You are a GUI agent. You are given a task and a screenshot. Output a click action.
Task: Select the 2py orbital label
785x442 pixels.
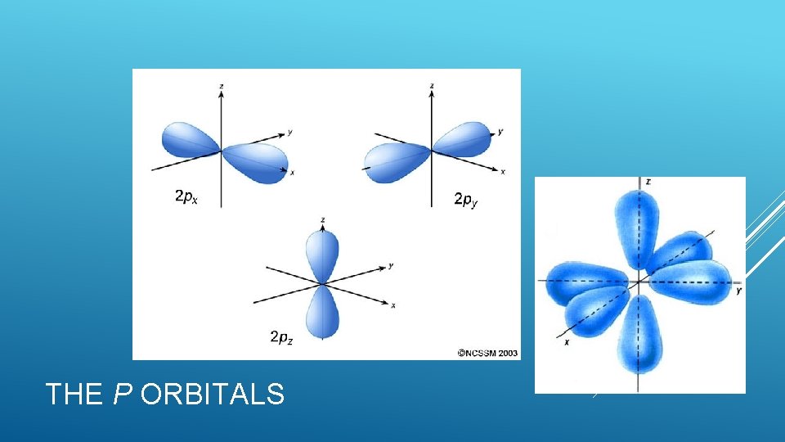[x=465, y=200]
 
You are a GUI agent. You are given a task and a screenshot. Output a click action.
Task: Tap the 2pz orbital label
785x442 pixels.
[x=280, y=336]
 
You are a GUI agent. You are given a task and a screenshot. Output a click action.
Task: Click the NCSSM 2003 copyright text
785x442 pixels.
[x=488, y=354]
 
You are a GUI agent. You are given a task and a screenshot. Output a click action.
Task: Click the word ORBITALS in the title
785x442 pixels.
[x=213, y=395]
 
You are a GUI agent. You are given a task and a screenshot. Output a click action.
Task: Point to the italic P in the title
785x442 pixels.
[x=122, y=395]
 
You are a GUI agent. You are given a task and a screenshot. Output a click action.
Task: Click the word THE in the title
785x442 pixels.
[x=74, y=395]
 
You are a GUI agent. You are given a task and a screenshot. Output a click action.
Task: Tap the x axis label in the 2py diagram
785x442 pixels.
[x=502, y=172]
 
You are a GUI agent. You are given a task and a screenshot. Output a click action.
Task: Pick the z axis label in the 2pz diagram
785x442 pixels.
[x=325, y=220]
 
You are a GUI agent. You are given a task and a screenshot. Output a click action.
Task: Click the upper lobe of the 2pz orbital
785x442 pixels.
[x=322, y=253]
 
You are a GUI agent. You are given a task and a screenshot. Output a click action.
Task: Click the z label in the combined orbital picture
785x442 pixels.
[x=648, y=182]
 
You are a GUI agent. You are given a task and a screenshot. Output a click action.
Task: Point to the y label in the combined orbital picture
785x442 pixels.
[x=738, y=291]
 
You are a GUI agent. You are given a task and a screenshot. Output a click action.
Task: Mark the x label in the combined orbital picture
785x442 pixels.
[x=567, y=341]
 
